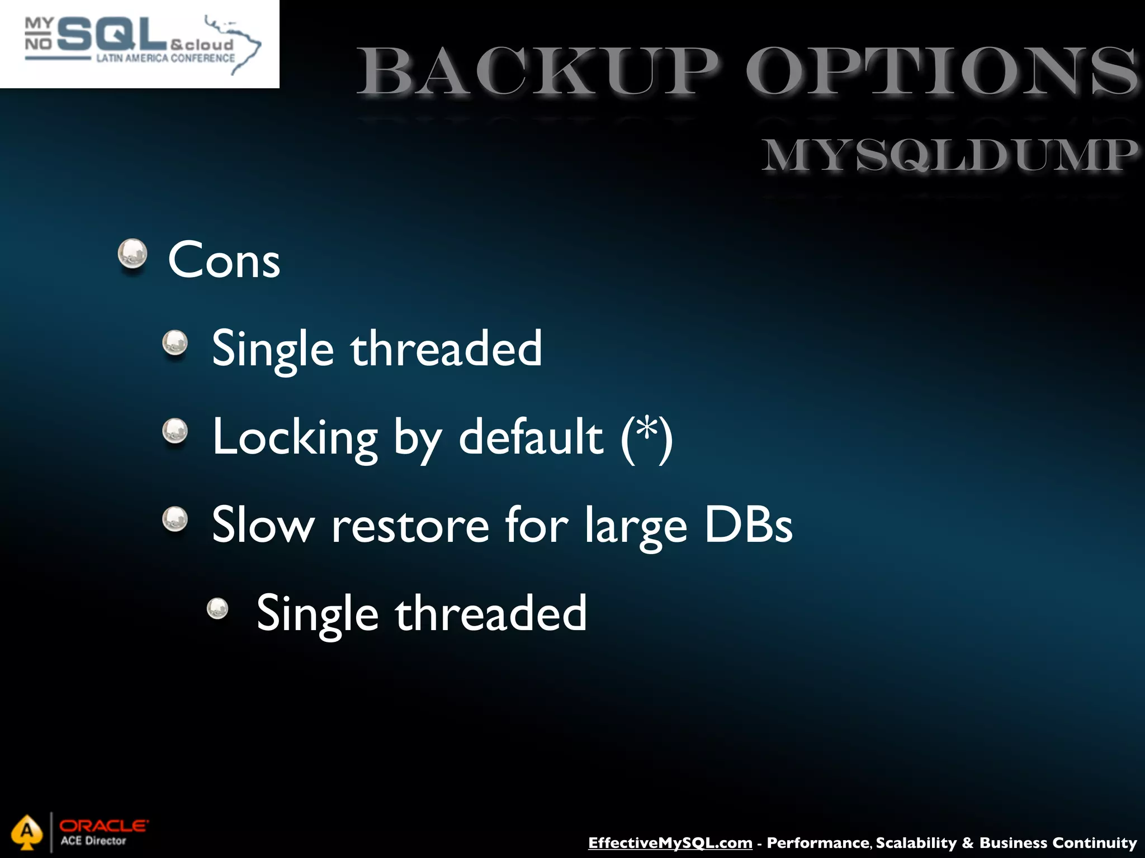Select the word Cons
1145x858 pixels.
(224, 260)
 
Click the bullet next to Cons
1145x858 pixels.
(133, 254)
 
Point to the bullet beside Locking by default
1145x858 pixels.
(175, 431)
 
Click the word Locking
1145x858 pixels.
(295, 437)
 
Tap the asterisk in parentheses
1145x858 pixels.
(647, 430)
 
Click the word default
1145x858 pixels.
(531, 437)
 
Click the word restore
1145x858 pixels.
(410, 526)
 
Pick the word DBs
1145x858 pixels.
(747, 525)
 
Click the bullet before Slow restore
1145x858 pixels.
(175, 519)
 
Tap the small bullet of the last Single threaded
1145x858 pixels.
(217, 609)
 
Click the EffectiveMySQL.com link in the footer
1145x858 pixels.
(670, 843)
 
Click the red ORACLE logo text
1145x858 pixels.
(103, 825)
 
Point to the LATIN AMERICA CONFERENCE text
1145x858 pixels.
(165, 58)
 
